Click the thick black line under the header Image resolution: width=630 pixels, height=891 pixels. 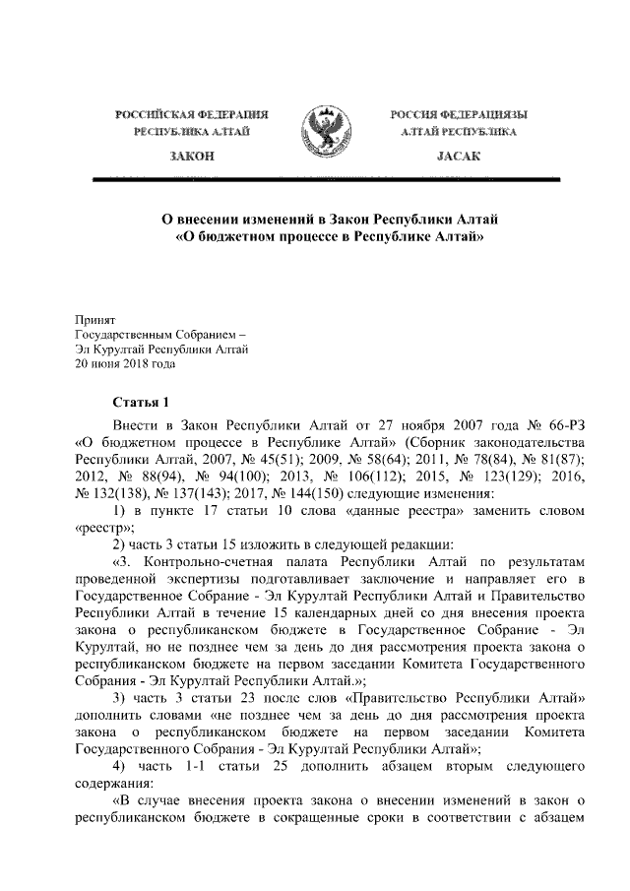click(x=325, y=178)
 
